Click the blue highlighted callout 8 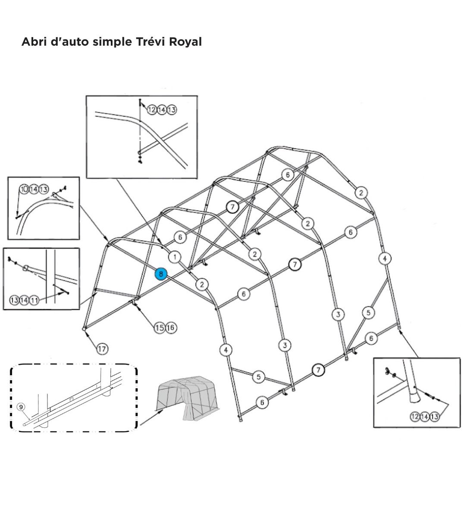161,274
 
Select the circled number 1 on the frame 174,257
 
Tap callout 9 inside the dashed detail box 20,406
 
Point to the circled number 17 102,349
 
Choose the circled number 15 160,328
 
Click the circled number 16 170,328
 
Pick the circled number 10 24,189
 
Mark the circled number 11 34,300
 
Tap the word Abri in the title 33,42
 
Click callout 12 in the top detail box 152,110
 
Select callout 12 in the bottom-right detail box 415,416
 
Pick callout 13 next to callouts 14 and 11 14,300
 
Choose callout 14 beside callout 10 34,189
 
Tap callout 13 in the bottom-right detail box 434,416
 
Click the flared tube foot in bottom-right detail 413,395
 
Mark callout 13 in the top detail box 172,110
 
